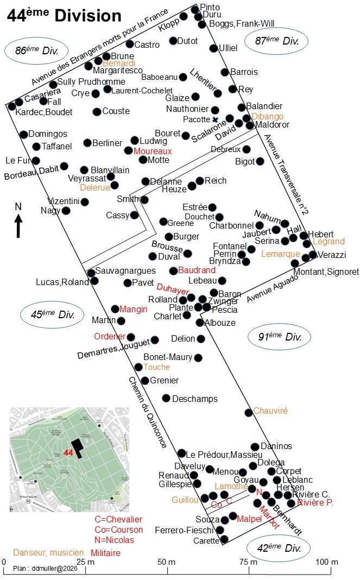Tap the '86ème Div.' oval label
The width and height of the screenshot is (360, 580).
pos(36,51)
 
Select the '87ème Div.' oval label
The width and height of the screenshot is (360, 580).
pos(277,40)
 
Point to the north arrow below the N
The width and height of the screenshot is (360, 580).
pos(18,226)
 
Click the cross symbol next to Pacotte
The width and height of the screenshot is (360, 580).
pos(215,119)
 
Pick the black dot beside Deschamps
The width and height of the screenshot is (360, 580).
pos(166,398)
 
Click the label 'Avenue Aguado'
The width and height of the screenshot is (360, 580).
pos(272,289)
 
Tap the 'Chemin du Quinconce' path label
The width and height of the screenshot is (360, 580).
pos(147,412)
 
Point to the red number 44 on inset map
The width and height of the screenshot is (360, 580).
pos(68,452)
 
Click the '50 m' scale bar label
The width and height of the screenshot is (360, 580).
pos(167,561)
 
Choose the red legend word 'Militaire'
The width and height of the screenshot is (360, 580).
pos(105,552)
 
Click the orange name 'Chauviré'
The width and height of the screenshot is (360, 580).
pos(270,411)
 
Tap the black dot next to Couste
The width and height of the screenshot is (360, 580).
pos(97,112)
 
